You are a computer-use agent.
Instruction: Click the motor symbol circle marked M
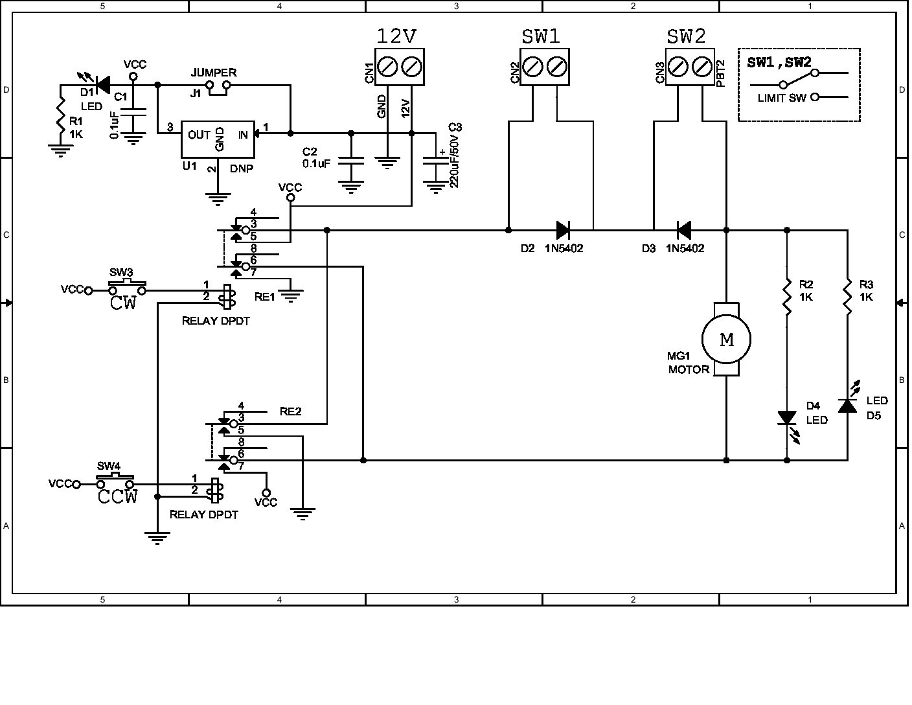click(726, 340)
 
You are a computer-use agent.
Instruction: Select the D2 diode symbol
click(562, 229)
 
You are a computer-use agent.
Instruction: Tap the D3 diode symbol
click(683, 229)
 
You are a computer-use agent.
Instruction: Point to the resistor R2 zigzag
click(787, 297)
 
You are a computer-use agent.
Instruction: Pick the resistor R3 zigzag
click(847, 297)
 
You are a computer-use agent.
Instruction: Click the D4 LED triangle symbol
click(787, 418)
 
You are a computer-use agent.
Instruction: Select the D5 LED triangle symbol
click(847, 406)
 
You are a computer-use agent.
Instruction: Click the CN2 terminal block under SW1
click(544, 67)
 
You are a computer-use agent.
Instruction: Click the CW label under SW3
click(123, 303)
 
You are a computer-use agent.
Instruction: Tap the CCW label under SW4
click(118, 497)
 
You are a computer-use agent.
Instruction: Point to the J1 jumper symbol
click(218, 88)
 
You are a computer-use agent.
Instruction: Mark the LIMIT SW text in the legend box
click(781, 98)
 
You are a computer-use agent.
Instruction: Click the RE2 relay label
click(290, 411)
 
